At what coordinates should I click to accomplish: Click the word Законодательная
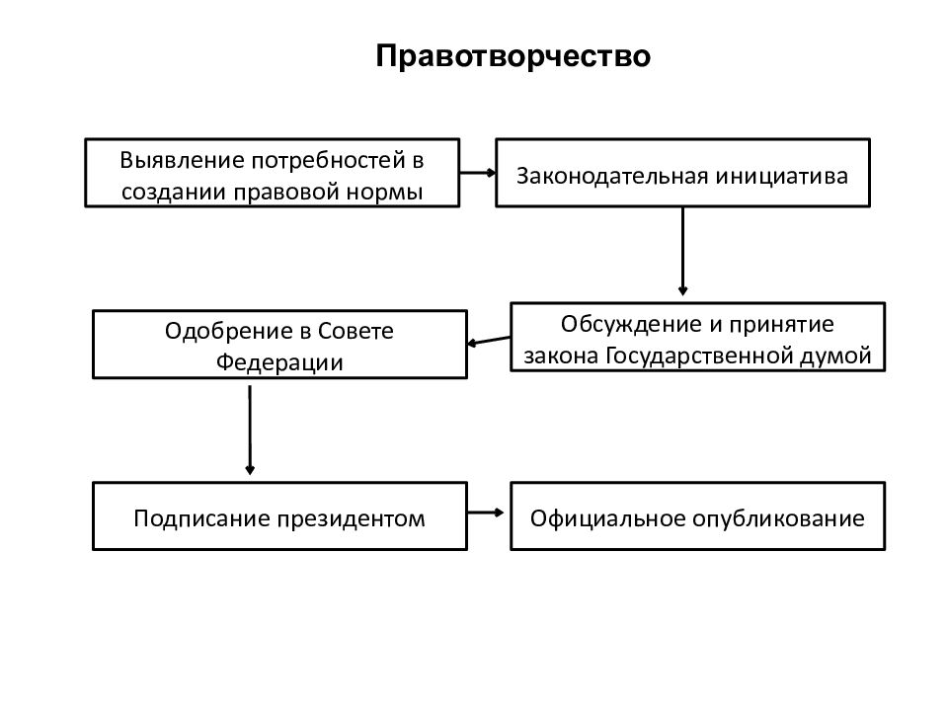612,177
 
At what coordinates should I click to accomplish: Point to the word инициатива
782,176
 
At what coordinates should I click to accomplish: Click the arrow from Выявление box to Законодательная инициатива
478,173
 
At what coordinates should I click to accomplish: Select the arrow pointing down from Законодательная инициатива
683,251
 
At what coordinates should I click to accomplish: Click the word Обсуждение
630,325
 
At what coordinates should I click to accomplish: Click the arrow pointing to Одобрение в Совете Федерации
489,341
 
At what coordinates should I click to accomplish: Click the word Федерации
279,362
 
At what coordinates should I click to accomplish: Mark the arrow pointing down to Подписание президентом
250,430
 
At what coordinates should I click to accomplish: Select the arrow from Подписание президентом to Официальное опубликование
486,513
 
